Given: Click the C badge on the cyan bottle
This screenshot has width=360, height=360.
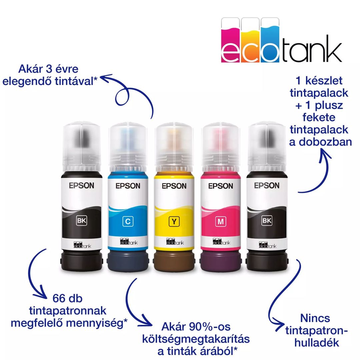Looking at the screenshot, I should tap(127, 221).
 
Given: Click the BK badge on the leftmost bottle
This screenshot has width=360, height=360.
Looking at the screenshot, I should tap(81, 220).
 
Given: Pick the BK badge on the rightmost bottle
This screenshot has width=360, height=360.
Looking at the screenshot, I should tap(267, 220).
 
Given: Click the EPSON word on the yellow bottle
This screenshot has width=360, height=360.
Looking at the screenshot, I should tap(174, 186).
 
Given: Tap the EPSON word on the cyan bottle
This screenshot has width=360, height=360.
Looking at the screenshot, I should tap(128, 186).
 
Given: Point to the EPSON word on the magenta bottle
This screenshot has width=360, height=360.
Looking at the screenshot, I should tap(220, 186).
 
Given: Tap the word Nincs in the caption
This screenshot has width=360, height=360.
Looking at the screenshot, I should tap(315, 318).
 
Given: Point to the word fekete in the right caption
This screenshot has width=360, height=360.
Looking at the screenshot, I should tap(319, 117).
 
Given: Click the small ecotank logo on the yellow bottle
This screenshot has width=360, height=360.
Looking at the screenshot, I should tap(174, 242).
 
